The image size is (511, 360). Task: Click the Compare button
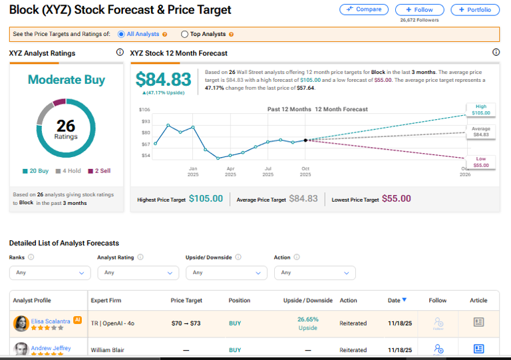(x=364, y=9)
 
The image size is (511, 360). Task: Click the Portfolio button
(x=475, y=9)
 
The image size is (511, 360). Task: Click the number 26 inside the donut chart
(x=66, y=125)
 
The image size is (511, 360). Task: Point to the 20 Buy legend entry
(x=35, y=171)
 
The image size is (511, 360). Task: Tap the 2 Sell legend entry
(x=99, y=171)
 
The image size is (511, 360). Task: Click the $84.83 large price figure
(x=163, y=80)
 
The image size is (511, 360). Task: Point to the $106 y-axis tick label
(x=144, y=110)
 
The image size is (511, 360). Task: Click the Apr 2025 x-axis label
(x=230, y=171)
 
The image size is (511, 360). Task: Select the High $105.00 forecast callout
(x=480, y=110)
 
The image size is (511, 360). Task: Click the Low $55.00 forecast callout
(x=480, y=162)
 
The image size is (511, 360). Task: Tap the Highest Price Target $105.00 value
(x=206, y=199)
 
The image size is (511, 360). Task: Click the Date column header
(x=397, y=300)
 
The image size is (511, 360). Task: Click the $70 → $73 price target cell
(x=186, y=323)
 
